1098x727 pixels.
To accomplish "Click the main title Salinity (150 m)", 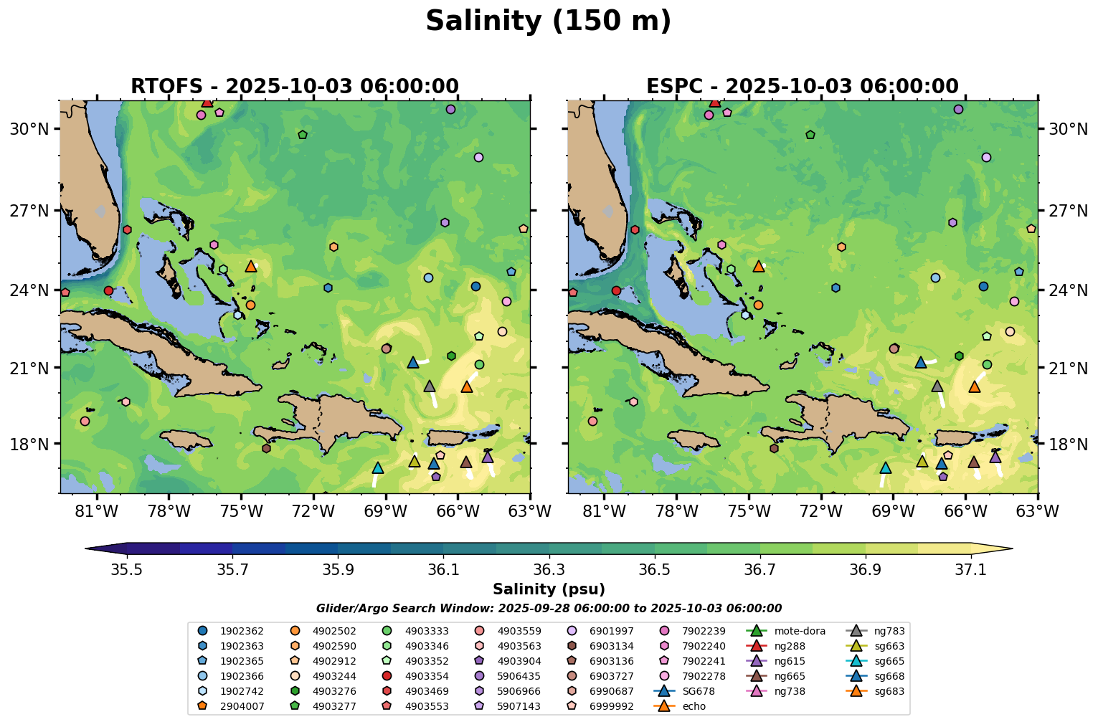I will tap(548, 22).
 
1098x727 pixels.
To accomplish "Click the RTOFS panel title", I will tap(294, 87).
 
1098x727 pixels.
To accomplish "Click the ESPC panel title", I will tap(802, 87).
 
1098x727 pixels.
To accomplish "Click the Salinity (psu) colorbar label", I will tap(549, 589).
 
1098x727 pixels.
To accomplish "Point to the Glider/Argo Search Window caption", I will tap(549, 609).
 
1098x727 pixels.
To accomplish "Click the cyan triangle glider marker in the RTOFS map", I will tap(378, 468).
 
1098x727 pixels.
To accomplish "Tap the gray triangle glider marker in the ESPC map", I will tap(937, 386).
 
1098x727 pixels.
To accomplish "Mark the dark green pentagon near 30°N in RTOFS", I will tap(303, 135).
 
